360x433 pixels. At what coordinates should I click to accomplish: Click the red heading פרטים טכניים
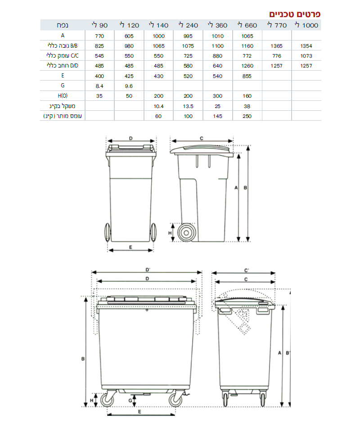coord(295,14)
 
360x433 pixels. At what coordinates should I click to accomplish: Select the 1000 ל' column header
coord(306,25)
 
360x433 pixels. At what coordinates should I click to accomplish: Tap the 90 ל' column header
coord(99,25)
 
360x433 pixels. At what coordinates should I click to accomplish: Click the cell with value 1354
coord(306,46)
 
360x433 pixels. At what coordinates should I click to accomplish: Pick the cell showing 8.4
coord(99,86)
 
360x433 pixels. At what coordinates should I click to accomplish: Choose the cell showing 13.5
coord(188,106)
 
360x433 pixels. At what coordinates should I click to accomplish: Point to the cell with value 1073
coord(306,56)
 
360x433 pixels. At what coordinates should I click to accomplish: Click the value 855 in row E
coord(247,76)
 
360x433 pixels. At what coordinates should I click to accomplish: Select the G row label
coord(63,86)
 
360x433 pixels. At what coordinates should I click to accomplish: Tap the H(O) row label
coord(63,96)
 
